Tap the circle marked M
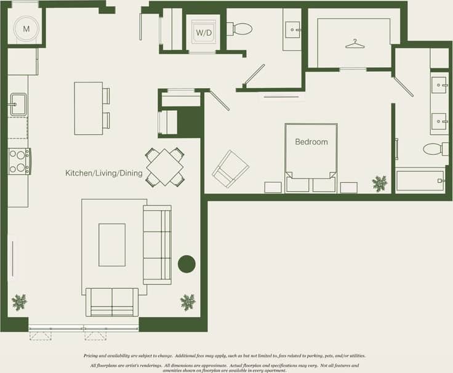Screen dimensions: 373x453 tap(26, 28)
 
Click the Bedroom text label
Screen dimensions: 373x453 tap(311, 142)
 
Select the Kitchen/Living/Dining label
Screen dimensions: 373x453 tap(104, 174)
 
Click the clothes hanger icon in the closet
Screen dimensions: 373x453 tap(355, 44)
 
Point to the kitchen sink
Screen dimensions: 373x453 tap(17, 104)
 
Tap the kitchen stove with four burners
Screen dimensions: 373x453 tap(19, 161)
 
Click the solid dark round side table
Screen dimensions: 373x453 tap(186, 264)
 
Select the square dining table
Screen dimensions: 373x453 tap(165, 167)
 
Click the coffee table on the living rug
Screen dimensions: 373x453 tap(111, 244)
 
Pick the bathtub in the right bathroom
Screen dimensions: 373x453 tap(420, 181)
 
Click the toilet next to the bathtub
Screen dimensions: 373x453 tap(435, 149)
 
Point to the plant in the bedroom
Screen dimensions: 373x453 tap(380, 183)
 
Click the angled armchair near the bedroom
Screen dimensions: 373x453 tap(230, 169)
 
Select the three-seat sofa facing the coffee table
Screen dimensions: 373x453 tap(157, 245)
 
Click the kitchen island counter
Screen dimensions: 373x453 tap(88, 108)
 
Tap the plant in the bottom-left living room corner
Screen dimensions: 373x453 tap(20, 302)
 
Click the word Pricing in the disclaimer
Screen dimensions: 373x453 tap(92, 356)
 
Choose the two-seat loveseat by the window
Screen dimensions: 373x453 tap(112, 301)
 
